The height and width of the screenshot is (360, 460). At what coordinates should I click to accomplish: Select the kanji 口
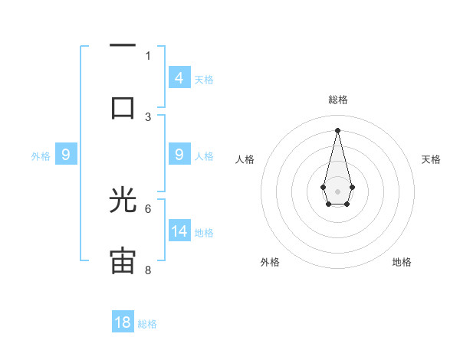pyautogui.click(x=123, y=106)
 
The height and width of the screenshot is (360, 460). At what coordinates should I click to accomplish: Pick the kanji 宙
pyautogui.click(x=123, y=260)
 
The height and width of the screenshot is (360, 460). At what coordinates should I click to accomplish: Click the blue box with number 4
pyautogui.click(x=179, y=77)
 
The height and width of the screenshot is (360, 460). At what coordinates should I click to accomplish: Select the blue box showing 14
pyautogui.click(x=179, y=231)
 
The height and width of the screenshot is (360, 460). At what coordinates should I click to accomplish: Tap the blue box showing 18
pyautogui.click(x=123, y=322)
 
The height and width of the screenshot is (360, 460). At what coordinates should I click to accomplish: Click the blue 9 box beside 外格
pyautogui.click(x=66, y=155)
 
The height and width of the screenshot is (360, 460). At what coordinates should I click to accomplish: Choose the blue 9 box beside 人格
pyautogui.click(x=179, y=155)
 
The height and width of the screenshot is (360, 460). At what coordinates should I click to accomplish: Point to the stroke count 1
pyautogui.click(x=148, y=55)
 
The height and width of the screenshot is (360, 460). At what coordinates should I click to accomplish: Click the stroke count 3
pyautogui.click(x=148, y=117)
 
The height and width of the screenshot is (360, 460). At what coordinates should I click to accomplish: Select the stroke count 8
pyautogui.click(x=148, y=270)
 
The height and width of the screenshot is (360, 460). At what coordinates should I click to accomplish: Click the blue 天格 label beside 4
pyautogui.click(x=204, y=79)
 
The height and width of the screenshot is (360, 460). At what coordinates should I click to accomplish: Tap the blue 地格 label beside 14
pyautogui.click(x=204, y=232)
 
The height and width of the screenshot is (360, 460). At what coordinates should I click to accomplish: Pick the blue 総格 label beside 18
pyautogui.click(x=147, y=324)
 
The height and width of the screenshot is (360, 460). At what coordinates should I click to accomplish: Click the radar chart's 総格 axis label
pyautogui.click(x=337, y=100)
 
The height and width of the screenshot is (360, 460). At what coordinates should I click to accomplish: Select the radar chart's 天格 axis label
pyautogui.click(x=431, y=159)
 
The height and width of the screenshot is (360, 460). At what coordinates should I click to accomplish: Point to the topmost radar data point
pyautogui.click(x=337, y=129)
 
